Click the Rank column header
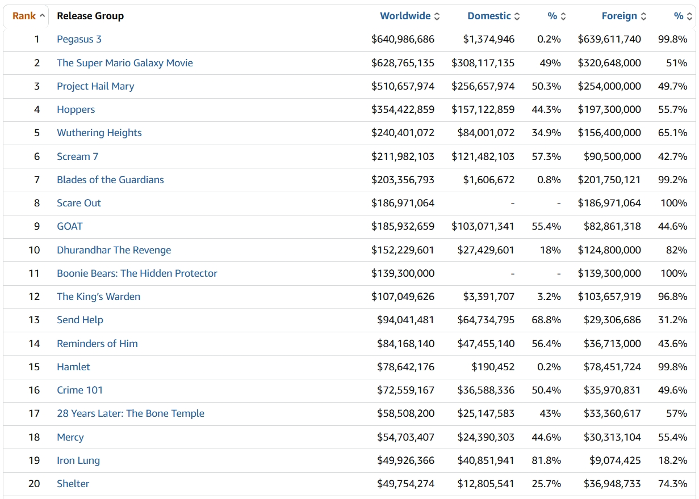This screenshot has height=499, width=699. pyautogui.click(x=24, y=16)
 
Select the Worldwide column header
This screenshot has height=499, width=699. pyautogui.click(x=405, y=16)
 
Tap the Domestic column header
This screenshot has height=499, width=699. pyautogui.click(x=489, y=16)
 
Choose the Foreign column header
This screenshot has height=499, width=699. pyautogui.click(x=619, y=16)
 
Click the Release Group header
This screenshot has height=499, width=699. pyautogui.click(x=90, y=16)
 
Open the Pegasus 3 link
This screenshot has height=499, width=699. pyautogui.click(x=79, y=39)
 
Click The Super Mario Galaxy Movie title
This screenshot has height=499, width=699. pyautogui.click(x=124, y=63)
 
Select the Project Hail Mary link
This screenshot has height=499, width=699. pyautogui.click(x=95, y=86)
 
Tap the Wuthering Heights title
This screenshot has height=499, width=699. pyautogui.click(x=99, y=133)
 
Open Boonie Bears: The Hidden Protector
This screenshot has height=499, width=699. pyautogui.click(x=137, y=273)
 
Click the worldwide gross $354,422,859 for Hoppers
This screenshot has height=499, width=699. pyautogui.click(x=403, y=109)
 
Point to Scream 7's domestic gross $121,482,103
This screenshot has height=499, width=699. pyautogui.click(x=483, y=157)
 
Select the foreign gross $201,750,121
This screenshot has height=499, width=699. pyautogui.click(x=609, y=180)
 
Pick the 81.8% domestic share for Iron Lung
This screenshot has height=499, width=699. pyautogui.click(x=546, y=460)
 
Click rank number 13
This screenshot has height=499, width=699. pyautogui.click(x=34, y=320)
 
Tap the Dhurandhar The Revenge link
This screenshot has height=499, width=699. pyautogui.click(x=114, y=250)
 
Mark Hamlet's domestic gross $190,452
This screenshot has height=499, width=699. pyautogui.click(x=493, y=367)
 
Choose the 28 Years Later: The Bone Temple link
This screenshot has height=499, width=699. pyautogui.click(x=130, y=413)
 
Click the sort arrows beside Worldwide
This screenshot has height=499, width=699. pyautogui.click(x=437, y=16)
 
